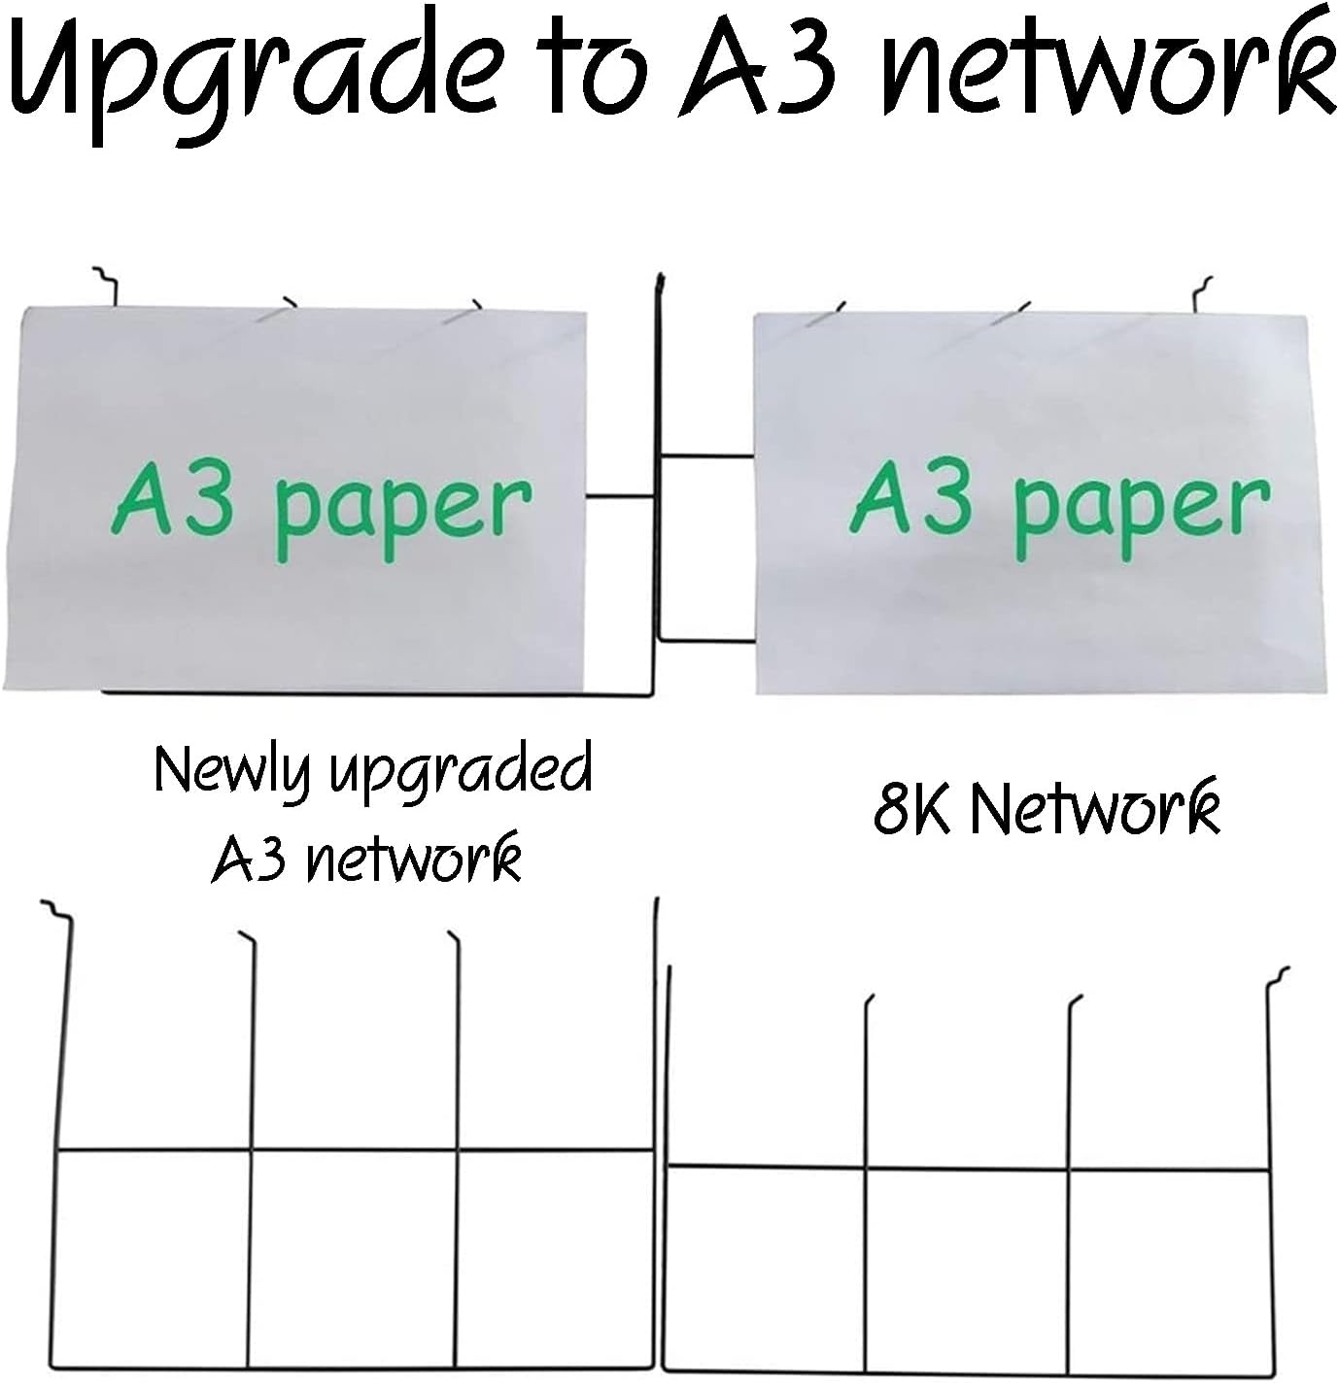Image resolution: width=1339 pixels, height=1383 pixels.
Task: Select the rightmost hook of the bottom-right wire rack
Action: (x=1281, y=973)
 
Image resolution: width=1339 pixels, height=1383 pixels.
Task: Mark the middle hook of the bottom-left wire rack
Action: (x=247, y=938)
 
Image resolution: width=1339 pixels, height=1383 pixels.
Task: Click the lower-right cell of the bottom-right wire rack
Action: (x=1168, y=1270)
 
